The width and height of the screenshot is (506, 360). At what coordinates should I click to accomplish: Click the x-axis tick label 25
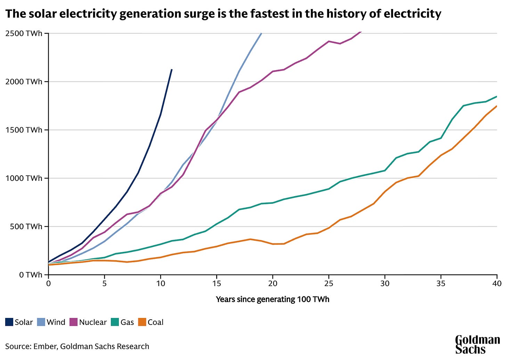[329, 284]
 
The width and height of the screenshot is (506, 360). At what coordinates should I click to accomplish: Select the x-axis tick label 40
[497, 284]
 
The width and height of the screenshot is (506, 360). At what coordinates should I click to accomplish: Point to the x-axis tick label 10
[161, 284]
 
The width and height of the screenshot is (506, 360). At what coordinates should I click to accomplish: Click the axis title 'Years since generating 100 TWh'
[272, 299]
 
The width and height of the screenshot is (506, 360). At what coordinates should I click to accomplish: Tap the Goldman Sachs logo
[477, 344]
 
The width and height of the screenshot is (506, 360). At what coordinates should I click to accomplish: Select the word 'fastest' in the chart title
[256, 14]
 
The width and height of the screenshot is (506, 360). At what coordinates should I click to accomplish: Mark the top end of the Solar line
[172, 70]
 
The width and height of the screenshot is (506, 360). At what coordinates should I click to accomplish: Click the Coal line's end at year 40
[497, 106]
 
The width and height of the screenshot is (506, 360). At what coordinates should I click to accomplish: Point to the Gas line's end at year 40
[497, 96]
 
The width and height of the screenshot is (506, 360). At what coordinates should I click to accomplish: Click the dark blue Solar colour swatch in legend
[9, 322]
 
